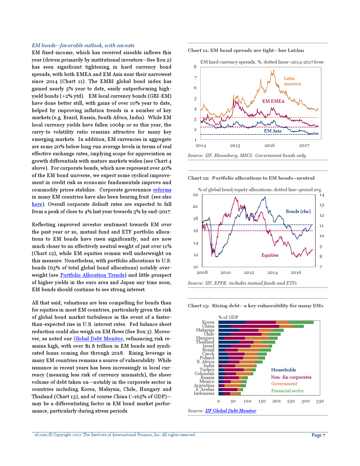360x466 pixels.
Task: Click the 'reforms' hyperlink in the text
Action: (x=162, y=190)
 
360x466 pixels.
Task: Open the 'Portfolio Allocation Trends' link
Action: (x=92, y=275)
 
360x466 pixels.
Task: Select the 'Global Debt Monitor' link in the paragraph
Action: (x=98, y=339)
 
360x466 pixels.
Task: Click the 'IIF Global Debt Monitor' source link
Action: (x=231, y=411)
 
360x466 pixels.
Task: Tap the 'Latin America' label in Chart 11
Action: (x=292, y=81)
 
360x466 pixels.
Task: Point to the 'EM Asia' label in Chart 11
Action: (x=272, y=131)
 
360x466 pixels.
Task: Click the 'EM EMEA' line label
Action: (x=273, y=101)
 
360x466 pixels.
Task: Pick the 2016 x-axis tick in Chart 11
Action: (x=269, y=145)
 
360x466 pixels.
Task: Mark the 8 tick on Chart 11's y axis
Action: (x=195, y=67)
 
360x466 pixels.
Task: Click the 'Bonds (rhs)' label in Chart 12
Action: (x=298, y=212)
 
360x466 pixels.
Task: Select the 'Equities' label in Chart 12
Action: (x=270, y=255)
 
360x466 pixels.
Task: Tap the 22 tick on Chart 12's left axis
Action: (x=195, y=195)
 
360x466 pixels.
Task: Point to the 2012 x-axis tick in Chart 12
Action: (x=249, y=273)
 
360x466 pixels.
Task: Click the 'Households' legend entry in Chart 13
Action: (x=283, y=370)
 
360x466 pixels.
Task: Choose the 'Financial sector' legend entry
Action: (x=287, y=391)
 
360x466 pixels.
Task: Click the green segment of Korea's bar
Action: (x=301, y=322)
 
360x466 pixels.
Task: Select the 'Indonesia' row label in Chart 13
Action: (x=204, y=393)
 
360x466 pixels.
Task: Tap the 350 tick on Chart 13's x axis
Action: (x=320, y=401)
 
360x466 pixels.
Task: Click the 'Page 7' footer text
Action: (x=318, y=435)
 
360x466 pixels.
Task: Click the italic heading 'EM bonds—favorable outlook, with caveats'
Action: (x=83, y=45)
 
